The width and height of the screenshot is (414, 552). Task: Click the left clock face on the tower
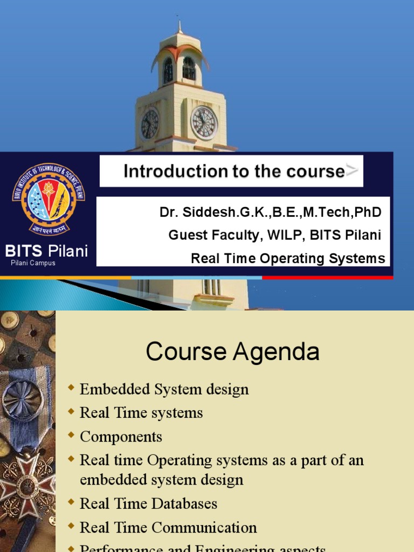[x=149, y=124]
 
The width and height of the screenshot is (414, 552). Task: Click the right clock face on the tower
[x=204, y=123]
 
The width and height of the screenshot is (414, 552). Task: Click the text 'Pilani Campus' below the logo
[x=33, y=263]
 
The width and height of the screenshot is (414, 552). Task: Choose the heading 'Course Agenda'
[x=232, y=353]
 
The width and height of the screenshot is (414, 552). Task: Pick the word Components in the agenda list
[x=121, y=437]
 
